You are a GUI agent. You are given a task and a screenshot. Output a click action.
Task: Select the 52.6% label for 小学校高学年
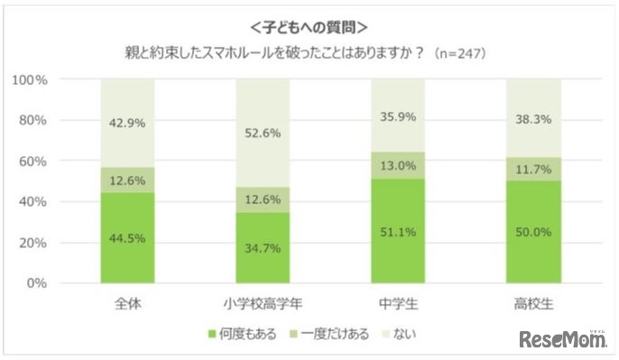[263, 133]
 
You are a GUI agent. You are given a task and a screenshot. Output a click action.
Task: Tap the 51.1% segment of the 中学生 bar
[398, 231]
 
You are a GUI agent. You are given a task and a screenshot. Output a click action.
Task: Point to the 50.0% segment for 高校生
[533, 232]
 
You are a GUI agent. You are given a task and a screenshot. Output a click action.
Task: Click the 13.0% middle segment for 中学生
[398, 165]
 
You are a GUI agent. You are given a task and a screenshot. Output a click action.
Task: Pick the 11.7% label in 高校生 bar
[533, 169]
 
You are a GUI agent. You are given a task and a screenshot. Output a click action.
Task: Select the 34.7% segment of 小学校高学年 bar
[263, 247]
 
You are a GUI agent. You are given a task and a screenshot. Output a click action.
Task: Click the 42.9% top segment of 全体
[127, 124]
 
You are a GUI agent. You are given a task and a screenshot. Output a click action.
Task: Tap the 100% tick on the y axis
[29, 79]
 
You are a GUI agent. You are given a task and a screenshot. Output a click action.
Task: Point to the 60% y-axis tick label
[32, 161]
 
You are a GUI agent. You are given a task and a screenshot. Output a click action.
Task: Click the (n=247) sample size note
[460, 53]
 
